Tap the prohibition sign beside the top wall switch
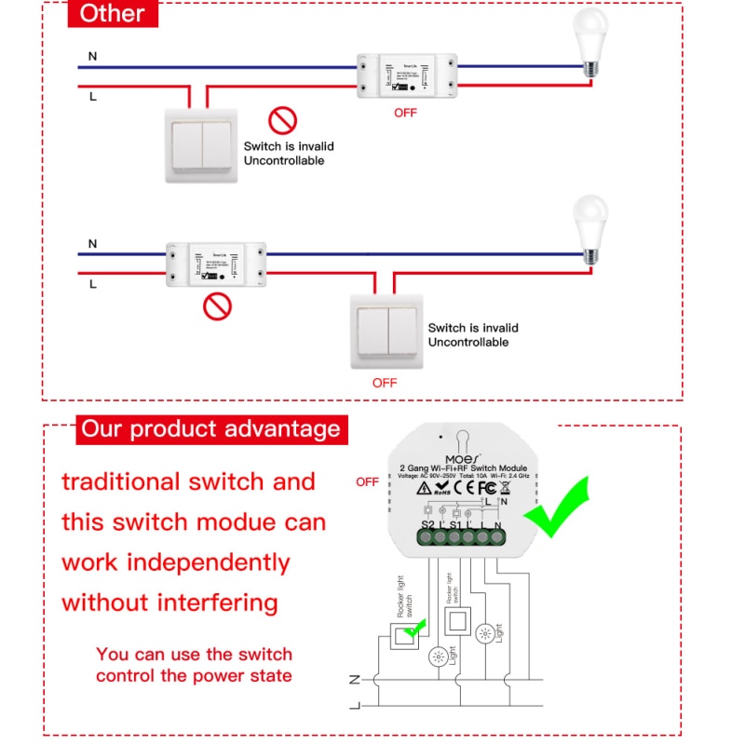(x=282, y=120)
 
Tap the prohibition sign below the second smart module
(x=217, y=306)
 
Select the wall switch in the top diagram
(x=202, y=143)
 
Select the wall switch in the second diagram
(x=386, y=331)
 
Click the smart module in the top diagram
(x=405, y=75)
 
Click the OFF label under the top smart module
(x=405, y=114)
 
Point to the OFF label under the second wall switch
(x=385, y=383)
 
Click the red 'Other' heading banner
(x=113, y=14)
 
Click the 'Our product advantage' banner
(x=210, y=429)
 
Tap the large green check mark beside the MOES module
(x=556, y=508)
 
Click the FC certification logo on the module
(x=486, y=487)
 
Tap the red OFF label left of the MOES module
(x=367, y=482)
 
